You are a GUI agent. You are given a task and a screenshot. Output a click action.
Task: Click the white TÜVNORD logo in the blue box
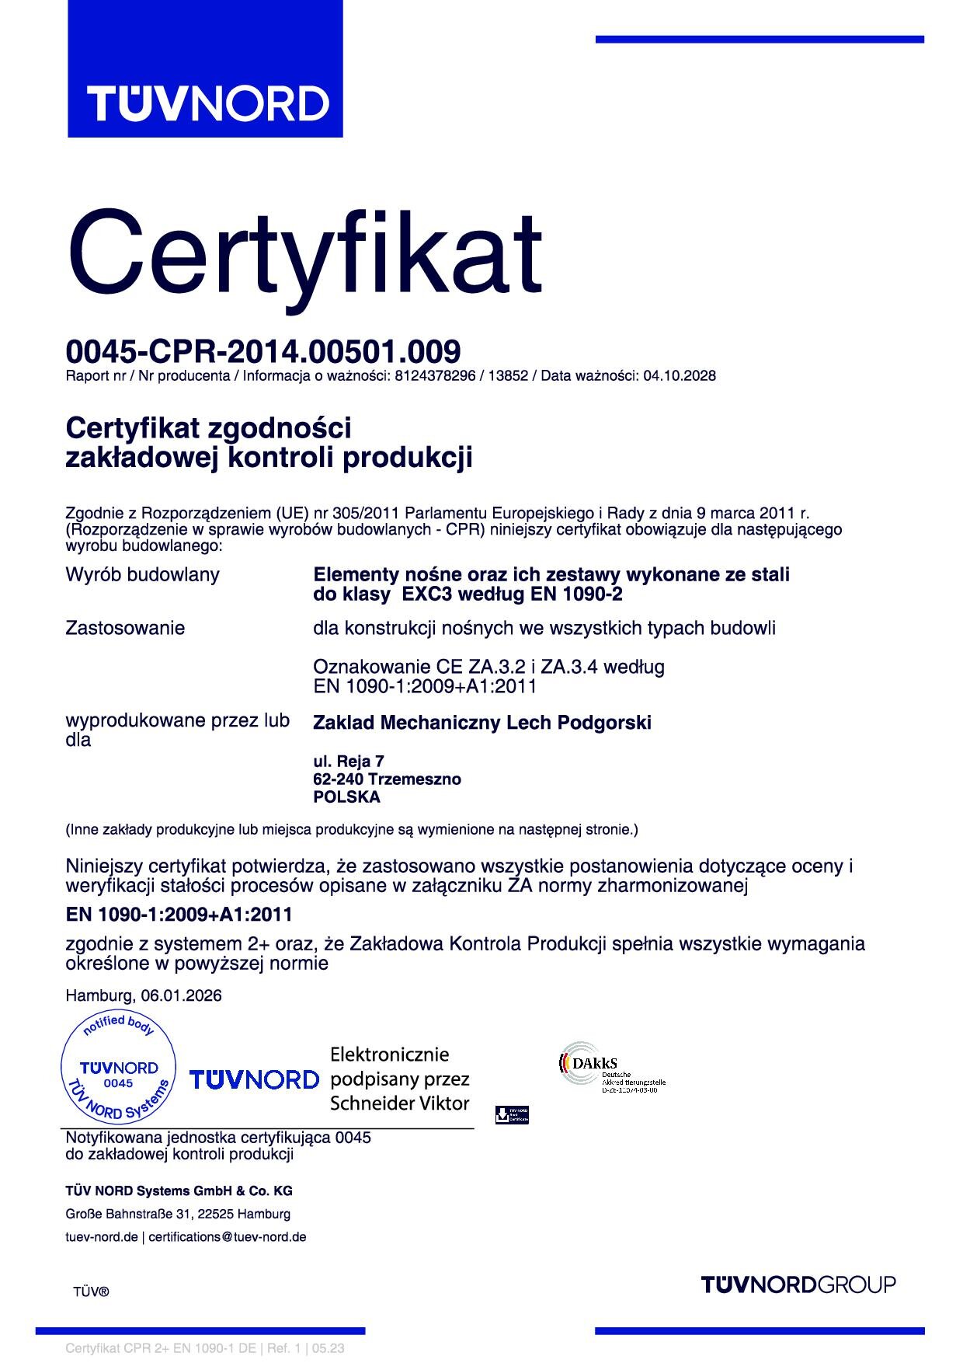207,103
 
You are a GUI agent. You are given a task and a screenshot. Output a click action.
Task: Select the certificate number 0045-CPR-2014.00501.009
263,352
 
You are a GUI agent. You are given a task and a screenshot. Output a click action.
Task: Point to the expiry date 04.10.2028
680,376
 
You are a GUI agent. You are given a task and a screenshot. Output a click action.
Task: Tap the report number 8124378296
435,376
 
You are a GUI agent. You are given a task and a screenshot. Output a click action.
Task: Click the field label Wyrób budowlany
142,575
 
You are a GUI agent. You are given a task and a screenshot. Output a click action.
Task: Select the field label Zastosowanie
125,628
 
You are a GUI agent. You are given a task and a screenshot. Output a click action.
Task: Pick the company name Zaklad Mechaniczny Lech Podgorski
481,723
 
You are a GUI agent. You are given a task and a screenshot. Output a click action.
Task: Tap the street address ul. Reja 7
349,762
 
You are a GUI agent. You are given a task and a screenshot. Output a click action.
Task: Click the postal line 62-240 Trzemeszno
387,779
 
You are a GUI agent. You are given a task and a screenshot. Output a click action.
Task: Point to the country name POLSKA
346,797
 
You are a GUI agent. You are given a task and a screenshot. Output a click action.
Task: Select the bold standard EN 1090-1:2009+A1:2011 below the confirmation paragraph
179,915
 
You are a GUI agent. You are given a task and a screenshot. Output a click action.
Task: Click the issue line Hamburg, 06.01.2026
144,996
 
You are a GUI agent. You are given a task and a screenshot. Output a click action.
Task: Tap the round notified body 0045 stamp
118,1069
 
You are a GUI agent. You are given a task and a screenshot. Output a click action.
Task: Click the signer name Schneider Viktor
399,1103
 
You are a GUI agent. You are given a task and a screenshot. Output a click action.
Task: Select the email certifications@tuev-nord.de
228,1237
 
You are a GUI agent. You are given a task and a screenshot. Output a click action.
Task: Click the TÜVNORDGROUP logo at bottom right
798,1285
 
